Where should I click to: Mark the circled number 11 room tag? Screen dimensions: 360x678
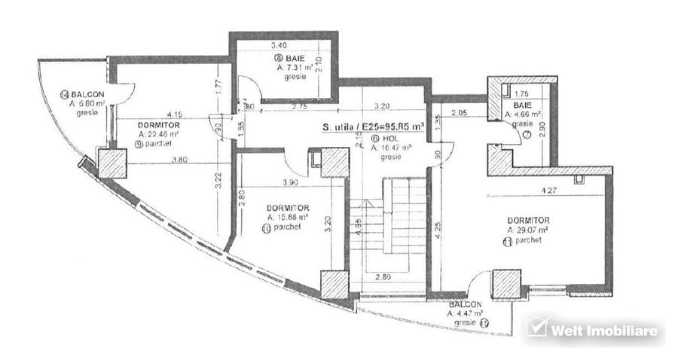point(508,242)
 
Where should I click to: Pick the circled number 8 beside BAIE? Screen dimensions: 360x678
point(278,58)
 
